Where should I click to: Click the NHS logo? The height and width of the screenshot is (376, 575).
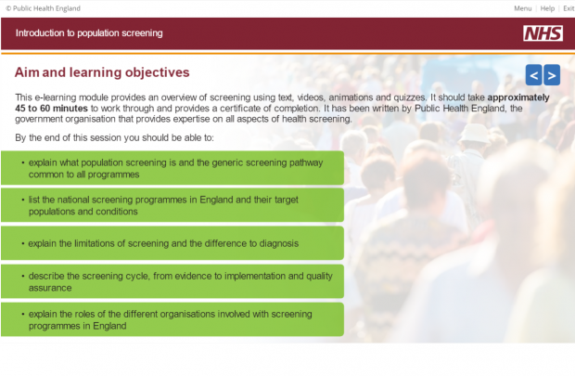[x=543, y=33]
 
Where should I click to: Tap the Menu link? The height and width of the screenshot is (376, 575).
[x=522, y=8]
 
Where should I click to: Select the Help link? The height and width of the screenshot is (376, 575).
[x=547, y=8]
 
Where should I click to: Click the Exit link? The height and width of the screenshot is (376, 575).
[x=569, y=8]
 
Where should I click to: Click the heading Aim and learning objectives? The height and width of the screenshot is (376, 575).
[x=102, y=72]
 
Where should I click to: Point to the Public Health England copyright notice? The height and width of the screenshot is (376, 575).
[x=43, y=8]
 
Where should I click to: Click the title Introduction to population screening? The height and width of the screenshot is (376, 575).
[x=89, y=33]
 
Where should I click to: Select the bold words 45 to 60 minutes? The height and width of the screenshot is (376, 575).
[x=51, y=109]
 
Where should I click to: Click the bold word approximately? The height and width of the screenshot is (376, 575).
[x=518, y=97]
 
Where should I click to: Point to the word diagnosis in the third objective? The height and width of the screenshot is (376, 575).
[x=279, y=243]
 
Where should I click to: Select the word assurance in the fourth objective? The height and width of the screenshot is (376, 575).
[x=50, y=288]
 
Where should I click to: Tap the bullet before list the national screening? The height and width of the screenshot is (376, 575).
[x=23, y=200]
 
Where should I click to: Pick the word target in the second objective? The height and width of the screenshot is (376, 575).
[x=286, y=200]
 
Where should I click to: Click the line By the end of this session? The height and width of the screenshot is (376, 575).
[x=114, y=137]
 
